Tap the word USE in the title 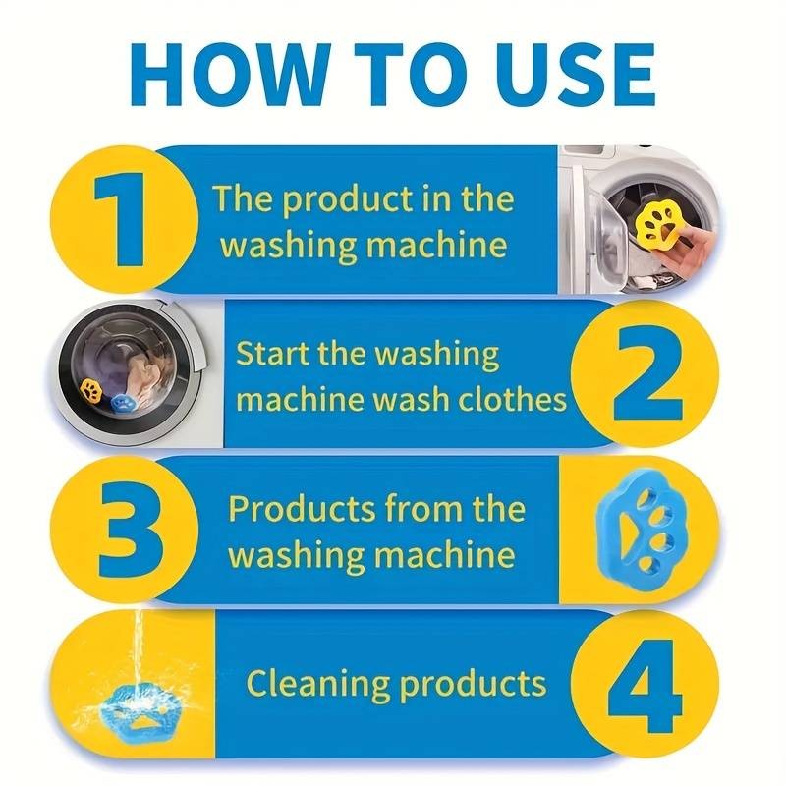tap(567, 75)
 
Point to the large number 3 tap(131, 530)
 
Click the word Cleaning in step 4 tap(317, 684)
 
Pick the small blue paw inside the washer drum tap(123, 402)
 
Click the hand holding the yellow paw tap(689, 252)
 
